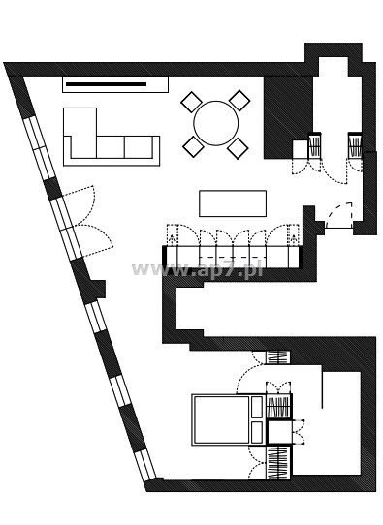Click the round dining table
[x=216, y=123]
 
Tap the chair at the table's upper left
[x=191, y=102]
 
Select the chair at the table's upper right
[x=239, y=100]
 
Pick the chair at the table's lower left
[x=193, y=146]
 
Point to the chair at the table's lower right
[x=238, y=148]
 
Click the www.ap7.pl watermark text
[x=197, y=269]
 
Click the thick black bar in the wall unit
[x=106, y=84]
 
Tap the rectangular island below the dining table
[x=233, y=203]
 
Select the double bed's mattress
[x=222, y=419]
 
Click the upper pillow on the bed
[x=257, y=407]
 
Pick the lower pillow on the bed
[x=257, y=432]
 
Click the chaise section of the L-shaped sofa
[x=80, y=133]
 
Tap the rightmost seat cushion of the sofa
[x=139, y=146]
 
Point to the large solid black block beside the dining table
[x=288, y=117]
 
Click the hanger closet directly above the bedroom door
[x=277, y=357]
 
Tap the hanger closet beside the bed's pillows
[x=277, y=407]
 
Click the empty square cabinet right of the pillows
[x=279, y=432]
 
